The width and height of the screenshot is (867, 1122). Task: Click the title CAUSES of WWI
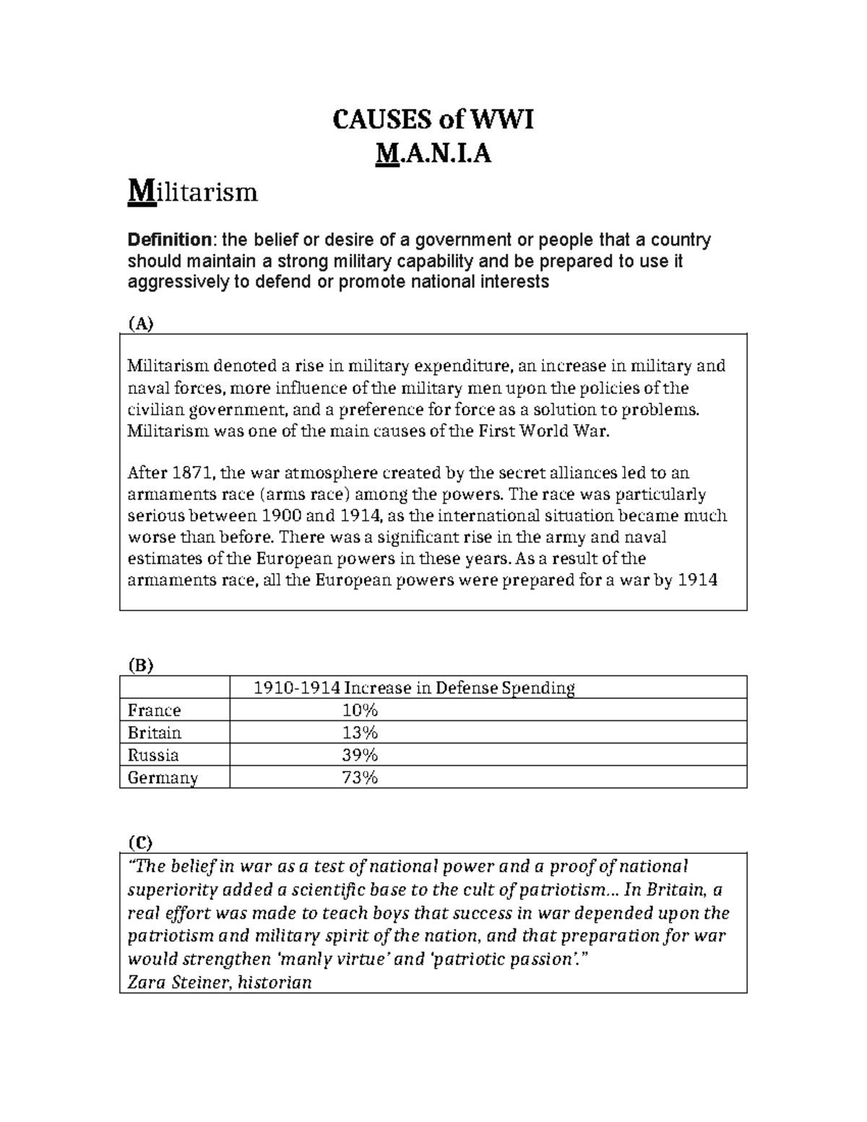(x=433, y=119)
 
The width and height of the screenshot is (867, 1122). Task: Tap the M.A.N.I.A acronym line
(x=433, y=153)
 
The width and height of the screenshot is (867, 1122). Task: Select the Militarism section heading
(x=192, y=193)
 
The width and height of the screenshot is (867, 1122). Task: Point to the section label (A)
(x=141, y=324)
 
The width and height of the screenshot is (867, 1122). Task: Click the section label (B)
(x=141, y=665)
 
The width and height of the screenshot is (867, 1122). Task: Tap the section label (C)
(x=141, y=842)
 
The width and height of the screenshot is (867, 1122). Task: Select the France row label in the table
(x=154, y=710)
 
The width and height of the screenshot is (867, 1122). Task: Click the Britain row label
(x=154, y=733)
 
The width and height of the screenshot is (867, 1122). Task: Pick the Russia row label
(x=152, y=755)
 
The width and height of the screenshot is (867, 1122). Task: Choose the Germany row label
(x=163, y=778)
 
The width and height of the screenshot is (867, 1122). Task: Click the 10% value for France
(x=360, y=710)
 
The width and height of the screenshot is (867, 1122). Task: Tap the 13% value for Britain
(x=360, y=733)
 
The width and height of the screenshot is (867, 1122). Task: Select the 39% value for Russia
(x=360, y=755)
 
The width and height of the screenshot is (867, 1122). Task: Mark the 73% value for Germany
(x=360, y=777)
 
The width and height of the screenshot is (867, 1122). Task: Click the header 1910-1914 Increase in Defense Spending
(x=414, y=688)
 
